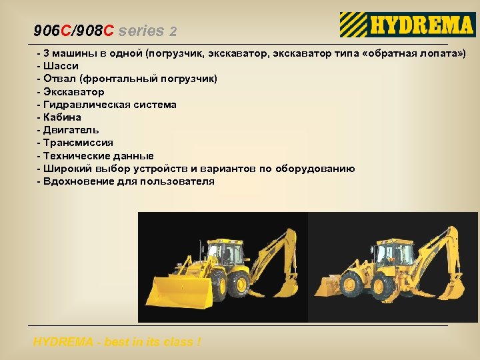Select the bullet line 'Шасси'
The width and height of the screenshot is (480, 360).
click(x=61, y=66)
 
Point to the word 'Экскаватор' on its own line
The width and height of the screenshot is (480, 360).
click(x=73, y=92)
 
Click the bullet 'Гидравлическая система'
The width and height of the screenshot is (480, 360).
click(x=109, y=105)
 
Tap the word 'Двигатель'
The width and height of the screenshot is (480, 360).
click(x=71, y=130)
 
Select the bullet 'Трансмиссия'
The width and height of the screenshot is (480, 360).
click(x=78, y=143)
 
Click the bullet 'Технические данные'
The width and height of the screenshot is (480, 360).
click(x=98, y=155)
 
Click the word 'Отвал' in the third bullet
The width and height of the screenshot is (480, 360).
click(x=58, y=79)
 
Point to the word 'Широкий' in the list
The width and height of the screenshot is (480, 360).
click(x=66, y=169)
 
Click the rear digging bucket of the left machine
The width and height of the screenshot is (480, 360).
click(x=287, y=288)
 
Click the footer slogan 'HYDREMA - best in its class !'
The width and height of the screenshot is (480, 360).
click(x=117, y=342)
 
